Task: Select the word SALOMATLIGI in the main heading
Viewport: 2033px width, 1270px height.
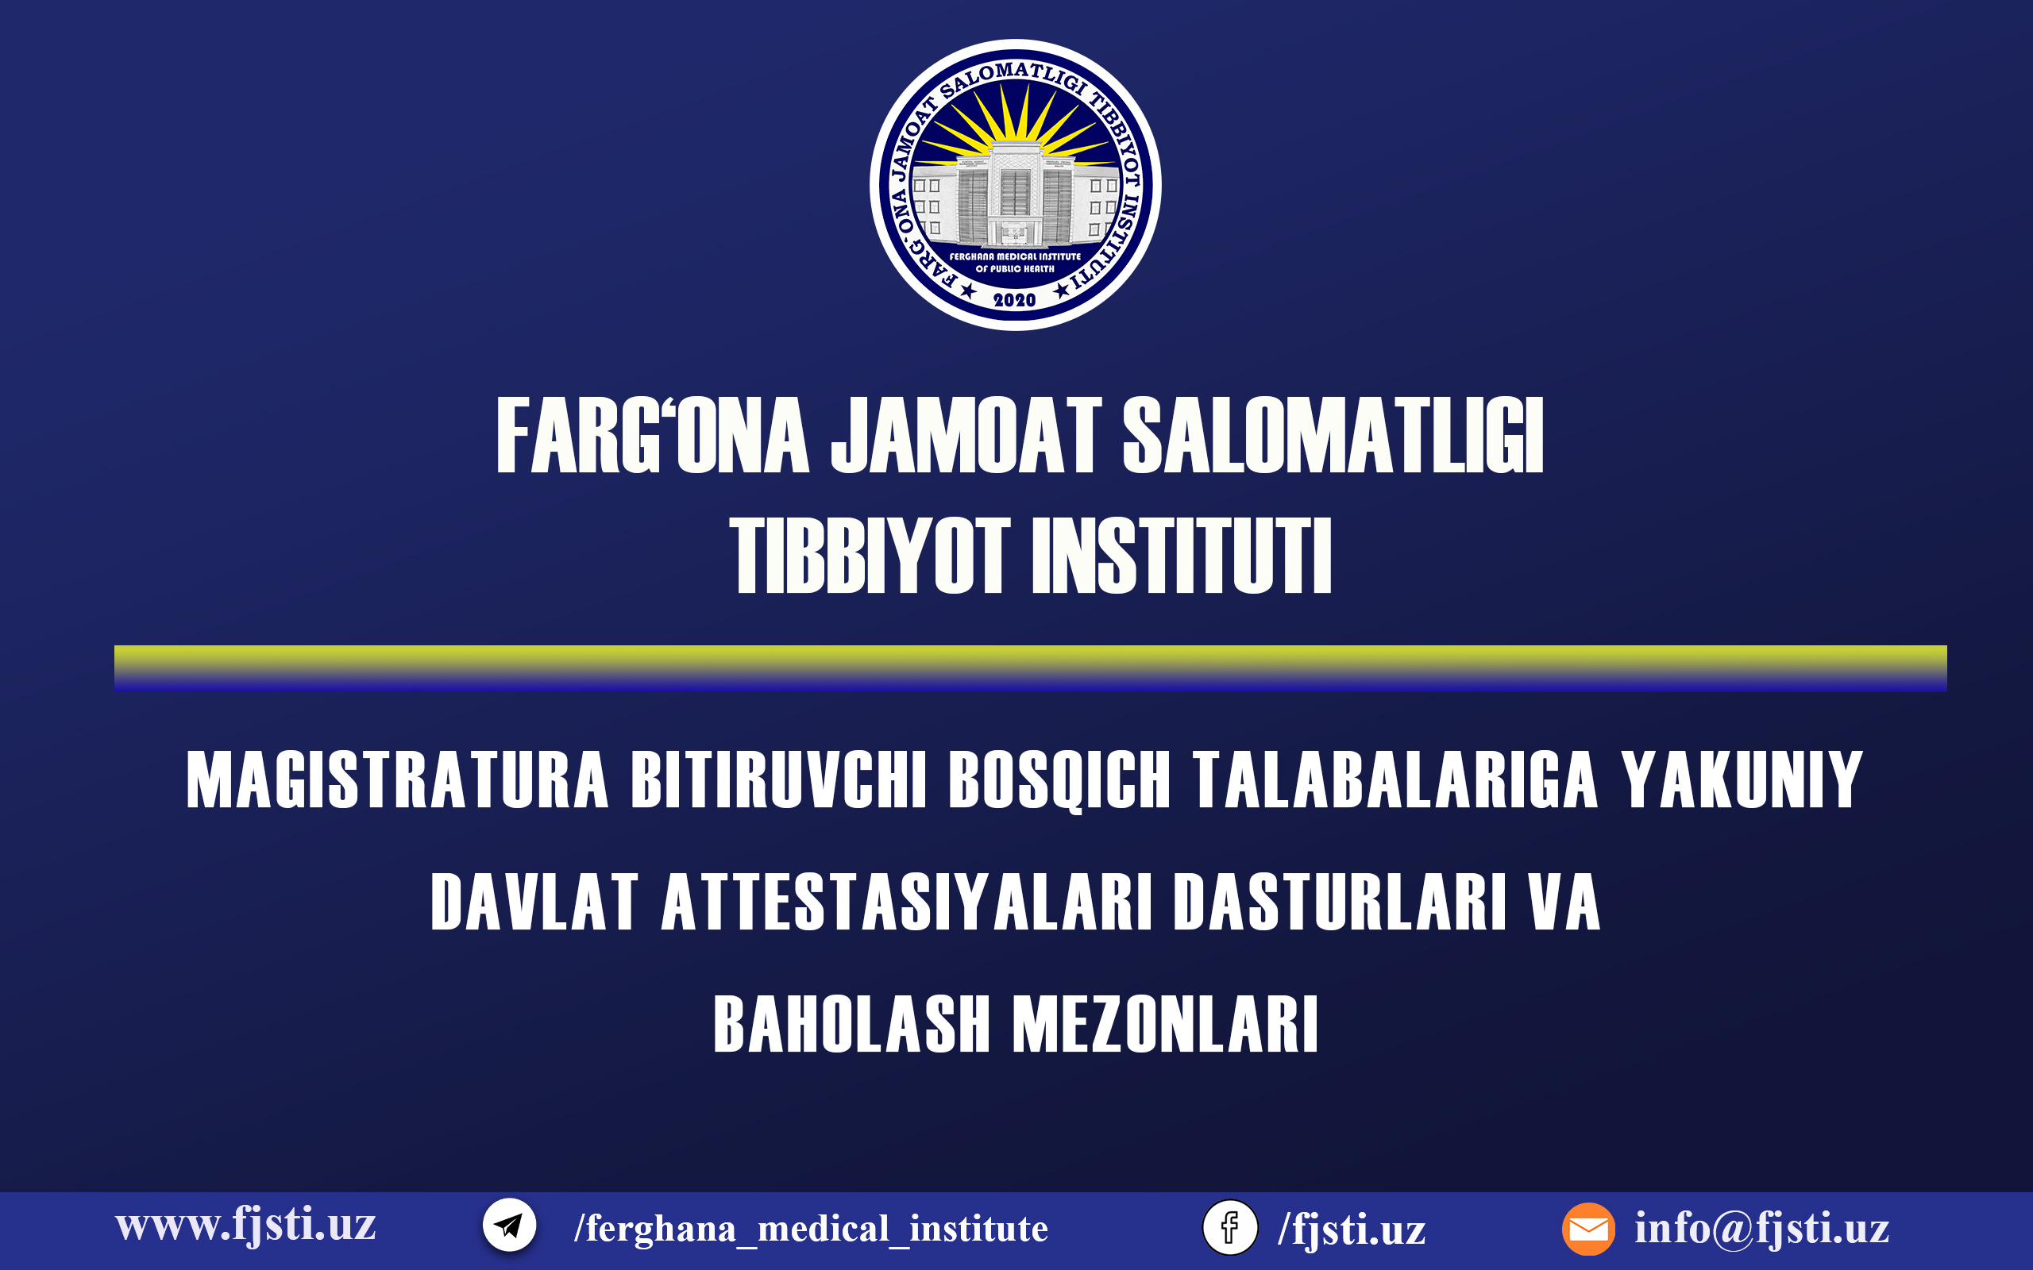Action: point(1333,435)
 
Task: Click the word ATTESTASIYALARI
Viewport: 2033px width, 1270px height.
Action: point(906,902)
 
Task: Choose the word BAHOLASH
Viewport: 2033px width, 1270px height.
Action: point(852,1024)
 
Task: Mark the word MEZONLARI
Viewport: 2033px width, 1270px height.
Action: point(1165,1024)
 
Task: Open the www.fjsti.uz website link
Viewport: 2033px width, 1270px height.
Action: point(245,1226)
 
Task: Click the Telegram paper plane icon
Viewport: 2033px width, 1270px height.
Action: point(509,1226)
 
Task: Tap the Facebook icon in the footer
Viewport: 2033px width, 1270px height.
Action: point(1230,1227)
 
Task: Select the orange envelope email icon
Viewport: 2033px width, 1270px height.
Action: point(1588,1229)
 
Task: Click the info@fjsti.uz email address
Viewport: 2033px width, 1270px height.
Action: point(1761,1228)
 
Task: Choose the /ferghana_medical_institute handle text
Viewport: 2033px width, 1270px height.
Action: point(811,1228)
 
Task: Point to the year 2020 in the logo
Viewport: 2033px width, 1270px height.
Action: point(1015,300)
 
